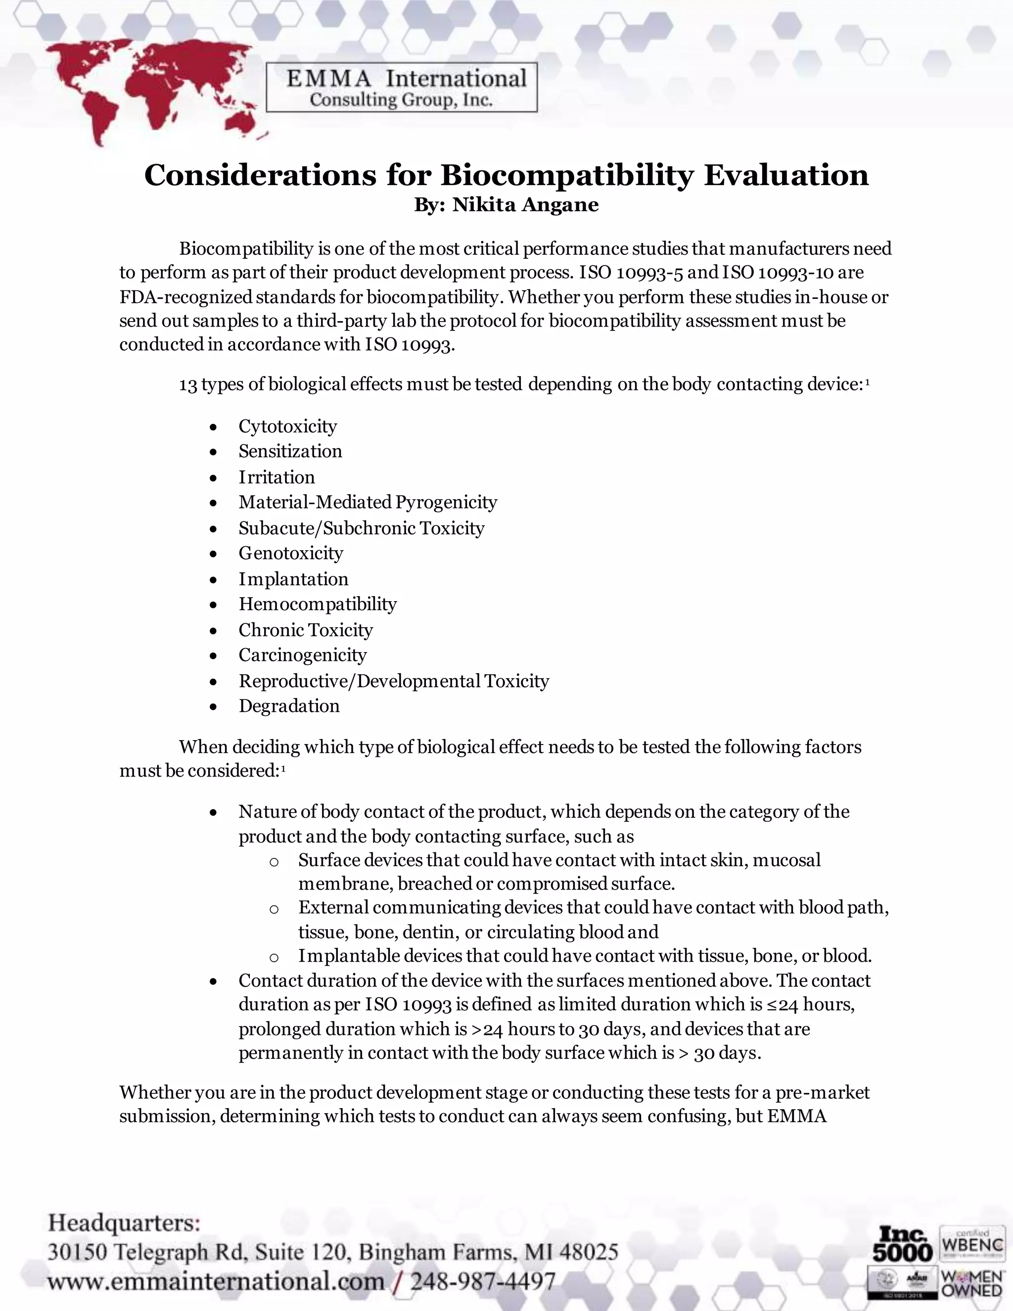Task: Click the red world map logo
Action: pos(150,90)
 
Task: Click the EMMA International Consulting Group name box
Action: pos(402,88)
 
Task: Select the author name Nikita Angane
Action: pos(525,205)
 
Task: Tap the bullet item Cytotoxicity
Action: pos(287,426)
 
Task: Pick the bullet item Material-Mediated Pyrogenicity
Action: pos(368,502)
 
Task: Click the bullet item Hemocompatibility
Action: pos(318,604)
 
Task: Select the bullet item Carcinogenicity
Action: pos(302,655)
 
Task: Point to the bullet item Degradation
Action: pos(289,706)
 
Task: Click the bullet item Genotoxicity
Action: pos(290,553)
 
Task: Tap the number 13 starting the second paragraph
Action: pos(188,385)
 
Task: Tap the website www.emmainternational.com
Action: pos(216,1281)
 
